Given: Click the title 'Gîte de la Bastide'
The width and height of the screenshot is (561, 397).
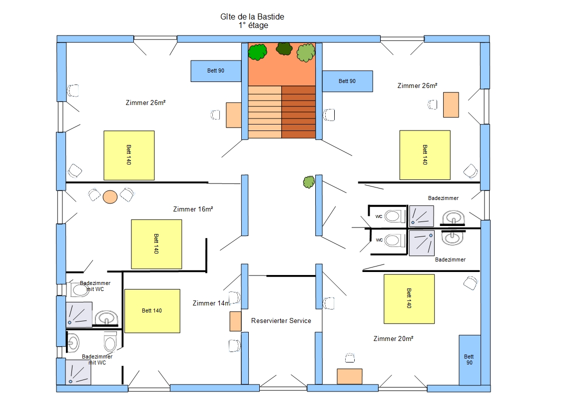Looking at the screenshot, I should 252,17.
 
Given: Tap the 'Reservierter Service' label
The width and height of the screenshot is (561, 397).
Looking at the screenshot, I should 281,320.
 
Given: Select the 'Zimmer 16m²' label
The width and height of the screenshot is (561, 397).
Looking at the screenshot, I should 193,209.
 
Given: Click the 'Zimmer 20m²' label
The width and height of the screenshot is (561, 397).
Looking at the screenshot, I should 393,339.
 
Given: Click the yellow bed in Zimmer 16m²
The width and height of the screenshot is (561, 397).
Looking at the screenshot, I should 156,244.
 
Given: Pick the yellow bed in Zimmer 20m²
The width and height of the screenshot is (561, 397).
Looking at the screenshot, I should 409,298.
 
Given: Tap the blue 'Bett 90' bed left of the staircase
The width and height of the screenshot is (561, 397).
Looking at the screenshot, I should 216,71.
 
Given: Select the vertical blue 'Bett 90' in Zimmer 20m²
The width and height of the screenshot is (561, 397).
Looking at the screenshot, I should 470,359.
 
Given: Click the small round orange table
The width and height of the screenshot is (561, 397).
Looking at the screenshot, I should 110,196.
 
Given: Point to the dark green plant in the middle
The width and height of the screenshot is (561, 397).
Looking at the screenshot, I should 284,48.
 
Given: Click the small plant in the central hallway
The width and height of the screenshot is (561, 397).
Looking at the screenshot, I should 308,181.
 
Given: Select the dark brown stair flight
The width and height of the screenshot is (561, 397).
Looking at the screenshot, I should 299,112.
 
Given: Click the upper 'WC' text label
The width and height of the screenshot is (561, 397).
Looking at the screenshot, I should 379,216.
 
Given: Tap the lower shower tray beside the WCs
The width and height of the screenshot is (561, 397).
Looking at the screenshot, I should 421,242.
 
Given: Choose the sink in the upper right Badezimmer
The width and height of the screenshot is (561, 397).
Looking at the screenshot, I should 454,218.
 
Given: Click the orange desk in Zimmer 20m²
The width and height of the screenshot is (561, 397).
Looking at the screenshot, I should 349,376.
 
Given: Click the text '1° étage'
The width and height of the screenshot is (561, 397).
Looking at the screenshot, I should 253,25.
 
